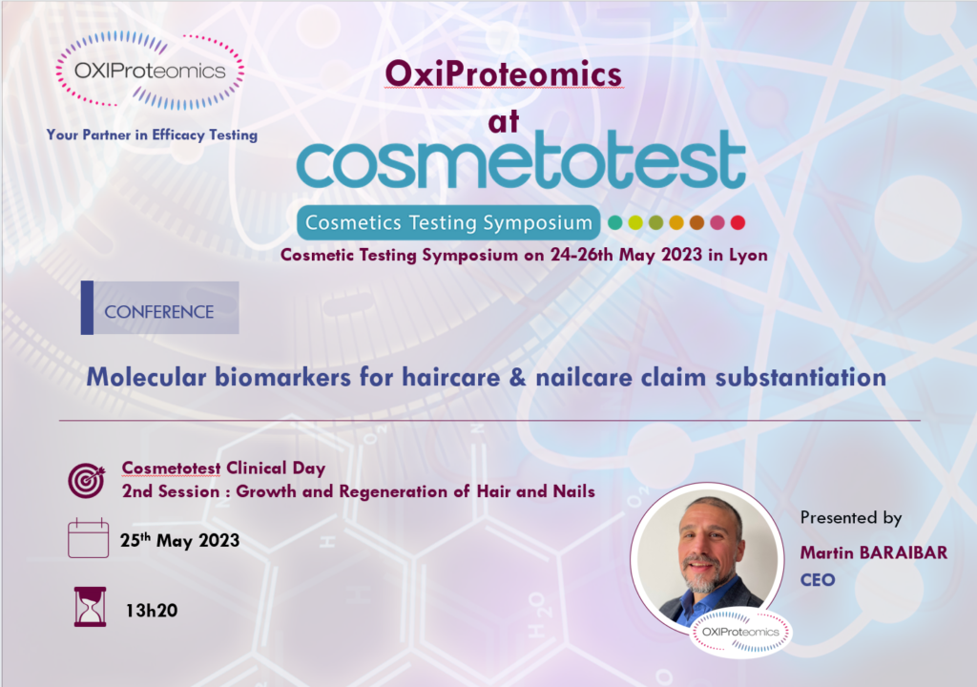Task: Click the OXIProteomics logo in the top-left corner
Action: tap(150, 70)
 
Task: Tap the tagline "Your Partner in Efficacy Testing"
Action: tap(152, 135)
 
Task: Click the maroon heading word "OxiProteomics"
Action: tap(504, 74)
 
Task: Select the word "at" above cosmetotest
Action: tap(504, 121)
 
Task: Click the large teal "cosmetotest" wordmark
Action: tap(521, 159)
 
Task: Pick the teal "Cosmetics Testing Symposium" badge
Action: tap(448, 222)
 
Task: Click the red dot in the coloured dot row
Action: tap(738, 222)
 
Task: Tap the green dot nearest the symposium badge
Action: tap(615, 222)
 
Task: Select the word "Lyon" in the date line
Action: tap(748, 256)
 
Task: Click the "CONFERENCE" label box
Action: tap(159, 308)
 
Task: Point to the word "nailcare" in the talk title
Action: tap(583, 377)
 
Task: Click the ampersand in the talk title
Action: tap(517, 378)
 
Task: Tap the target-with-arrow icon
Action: tap(87, 481)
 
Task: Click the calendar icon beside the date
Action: tap(88, 538)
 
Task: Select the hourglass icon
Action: tap(90, 607)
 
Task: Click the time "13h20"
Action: tap(152, 611)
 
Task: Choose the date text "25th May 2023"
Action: tap(179, 540)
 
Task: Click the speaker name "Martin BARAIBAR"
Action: tap(874, 553)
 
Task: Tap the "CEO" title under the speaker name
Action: tap(818, 580)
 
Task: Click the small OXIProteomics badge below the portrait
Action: tap(740, 633)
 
